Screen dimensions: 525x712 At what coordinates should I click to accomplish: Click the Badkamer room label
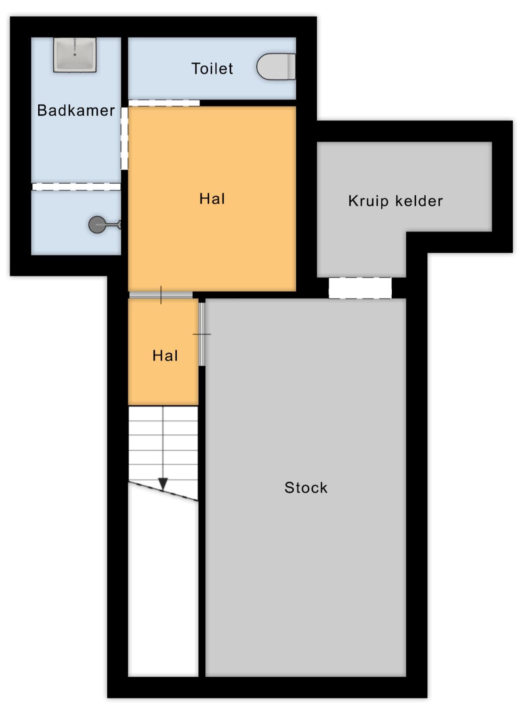point(76,111)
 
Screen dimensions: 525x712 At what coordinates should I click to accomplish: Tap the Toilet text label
point(212,69)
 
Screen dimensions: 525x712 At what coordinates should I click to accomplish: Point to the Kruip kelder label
point(396,201)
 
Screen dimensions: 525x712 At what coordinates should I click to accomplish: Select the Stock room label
point(306,487)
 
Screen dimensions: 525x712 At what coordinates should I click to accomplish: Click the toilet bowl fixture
point(276,66)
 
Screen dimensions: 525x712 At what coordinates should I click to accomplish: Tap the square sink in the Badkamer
point(75,54)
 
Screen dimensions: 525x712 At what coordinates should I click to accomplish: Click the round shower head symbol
point(97,225)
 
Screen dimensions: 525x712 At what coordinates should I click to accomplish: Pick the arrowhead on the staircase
point(163,484)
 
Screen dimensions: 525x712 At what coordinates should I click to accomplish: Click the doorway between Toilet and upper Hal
point(164,103)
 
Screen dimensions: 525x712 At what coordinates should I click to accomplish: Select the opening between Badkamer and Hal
point(124,138)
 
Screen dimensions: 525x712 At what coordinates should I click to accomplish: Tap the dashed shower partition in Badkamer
point(77,187)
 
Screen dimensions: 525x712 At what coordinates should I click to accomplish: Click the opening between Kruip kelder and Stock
point(360,288)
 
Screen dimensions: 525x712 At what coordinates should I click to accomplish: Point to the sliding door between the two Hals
point(160,295)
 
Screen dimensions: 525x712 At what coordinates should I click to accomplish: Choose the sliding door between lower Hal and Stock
point(202,334)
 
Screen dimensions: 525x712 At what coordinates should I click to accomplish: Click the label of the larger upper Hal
point(212,199)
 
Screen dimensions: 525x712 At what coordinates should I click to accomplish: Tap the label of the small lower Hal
point(165,356)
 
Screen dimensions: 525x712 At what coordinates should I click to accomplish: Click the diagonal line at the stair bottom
point(163,491)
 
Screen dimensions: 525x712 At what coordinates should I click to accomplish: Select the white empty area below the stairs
point(163,588)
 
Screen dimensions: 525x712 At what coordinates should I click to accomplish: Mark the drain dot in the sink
point(75,54)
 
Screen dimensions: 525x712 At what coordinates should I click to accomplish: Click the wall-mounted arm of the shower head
point(113,225)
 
